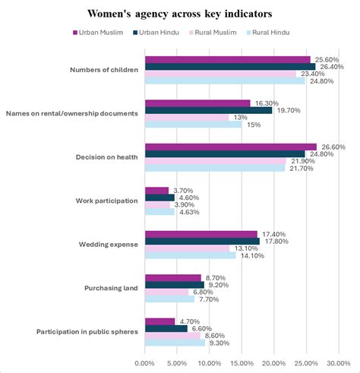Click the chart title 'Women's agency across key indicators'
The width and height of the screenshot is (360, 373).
180,14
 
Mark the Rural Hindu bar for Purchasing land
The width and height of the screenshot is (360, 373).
169,299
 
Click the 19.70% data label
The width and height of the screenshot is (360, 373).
289,110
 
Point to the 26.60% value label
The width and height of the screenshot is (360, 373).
333,147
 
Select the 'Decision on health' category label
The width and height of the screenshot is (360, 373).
106,157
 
